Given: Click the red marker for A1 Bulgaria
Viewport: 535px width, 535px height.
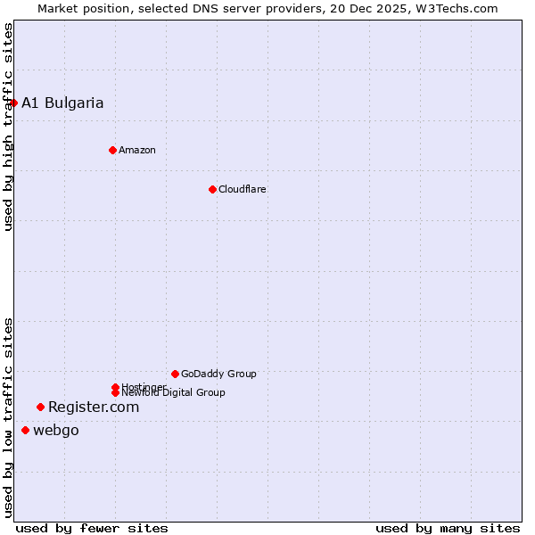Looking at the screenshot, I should [x=13, y=103].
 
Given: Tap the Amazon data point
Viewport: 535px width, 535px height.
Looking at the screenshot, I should [x=112, y=150].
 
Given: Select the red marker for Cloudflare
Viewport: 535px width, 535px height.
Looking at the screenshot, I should [x=212, y=189].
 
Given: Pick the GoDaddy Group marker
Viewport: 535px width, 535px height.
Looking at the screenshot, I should [x=175, y=374].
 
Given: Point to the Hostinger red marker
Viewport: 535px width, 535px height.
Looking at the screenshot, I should [x=115, y=386].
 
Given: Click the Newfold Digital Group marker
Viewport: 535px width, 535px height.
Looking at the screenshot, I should [x=115, y=393].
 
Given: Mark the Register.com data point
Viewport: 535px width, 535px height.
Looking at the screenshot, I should [x=40, y=407].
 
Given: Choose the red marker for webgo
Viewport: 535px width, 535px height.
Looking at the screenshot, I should [x=25, y=431].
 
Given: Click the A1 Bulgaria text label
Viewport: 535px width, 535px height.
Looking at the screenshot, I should [x=62, y=103].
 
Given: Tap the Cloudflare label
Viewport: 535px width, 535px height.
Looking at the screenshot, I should [x=243, y=189].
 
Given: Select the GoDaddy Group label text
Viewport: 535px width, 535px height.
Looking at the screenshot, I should [x=218, y=374].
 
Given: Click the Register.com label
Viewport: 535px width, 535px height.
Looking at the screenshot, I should [x=94, y=407].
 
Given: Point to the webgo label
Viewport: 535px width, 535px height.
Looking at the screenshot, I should [x=56, y=431].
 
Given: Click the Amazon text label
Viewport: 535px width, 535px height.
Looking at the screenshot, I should [x=137, y=150].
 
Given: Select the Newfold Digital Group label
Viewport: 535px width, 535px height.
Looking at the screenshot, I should [x=173, y=393].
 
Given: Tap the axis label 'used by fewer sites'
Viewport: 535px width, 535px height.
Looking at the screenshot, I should [x=92, y=528].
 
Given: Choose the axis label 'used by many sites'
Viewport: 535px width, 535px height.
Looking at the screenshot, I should [x=448, y=528].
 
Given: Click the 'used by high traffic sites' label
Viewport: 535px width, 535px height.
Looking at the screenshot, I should [x=8, y=127].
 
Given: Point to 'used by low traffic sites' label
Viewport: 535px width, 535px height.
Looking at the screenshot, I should [x=8, y=417].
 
